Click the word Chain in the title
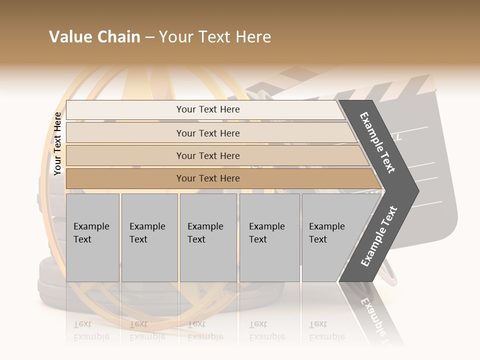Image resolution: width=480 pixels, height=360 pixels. [118, 37]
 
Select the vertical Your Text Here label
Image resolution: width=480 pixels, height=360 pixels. [57, 143]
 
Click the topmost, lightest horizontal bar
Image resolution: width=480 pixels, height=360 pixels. [207, 109]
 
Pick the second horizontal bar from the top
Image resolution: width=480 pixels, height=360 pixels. [207, 133]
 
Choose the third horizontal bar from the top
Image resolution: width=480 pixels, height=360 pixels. [207, 155]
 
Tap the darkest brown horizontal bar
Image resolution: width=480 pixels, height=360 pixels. [207, 178]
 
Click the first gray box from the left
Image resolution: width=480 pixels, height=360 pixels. [92, 237]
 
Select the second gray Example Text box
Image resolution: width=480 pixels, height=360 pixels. [149, 237]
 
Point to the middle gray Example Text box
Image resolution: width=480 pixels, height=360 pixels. [208, 237]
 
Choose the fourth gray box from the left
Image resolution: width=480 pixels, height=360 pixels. [269, 237]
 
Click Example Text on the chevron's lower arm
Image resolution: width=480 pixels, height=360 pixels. [379, 236]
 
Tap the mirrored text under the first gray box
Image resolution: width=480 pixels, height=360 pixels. [91, 330]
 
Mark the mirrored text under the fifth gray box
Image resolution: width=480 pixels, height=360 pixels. [326, 330]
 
